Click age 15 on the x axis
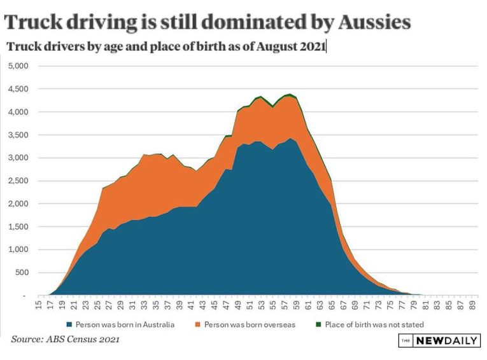point(39,305)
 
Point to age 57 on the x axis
point(285,305)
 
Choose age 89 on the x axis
point(472,305)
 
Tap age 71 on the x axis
point(366,305)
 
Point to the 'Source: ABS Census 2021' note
point(65,340)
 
